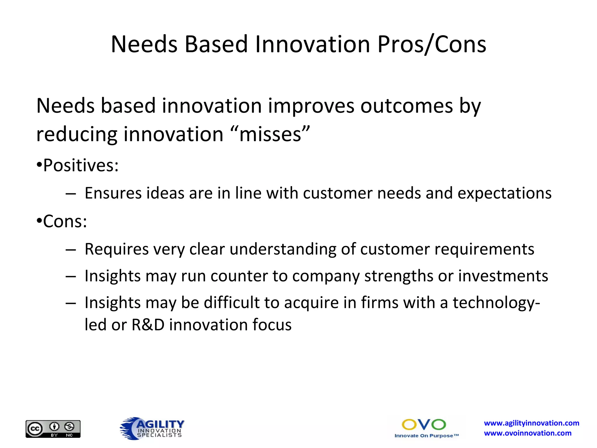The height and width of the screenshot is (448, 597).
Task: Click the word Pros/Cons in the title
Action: [x=431, y=44]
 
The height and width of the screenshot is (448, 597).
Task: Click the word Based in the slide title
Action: [x=216, y=44]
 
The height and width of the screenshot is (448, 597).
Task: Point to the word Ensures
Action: [x=113, y=193]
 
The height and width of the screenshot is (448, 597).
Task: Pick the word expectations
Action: [x=504, y=194]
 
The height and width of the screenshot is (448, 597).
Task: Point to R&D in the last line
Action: [x=148, y=325]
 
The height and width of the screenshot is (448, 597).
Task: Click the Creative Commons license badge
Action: [x=53, y=429]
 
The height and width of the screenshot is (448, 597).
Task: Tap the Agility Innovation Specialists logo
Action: [x=152, y=428]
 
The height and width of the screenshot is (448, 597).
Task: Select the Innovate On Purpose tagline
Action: [x=426, y=436]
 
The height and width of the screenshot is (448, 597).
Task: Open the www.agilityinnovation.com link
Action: [x=531, y=423]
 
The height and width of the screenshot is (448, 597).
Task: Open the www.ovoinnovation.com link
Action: [x=527, y=433]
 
